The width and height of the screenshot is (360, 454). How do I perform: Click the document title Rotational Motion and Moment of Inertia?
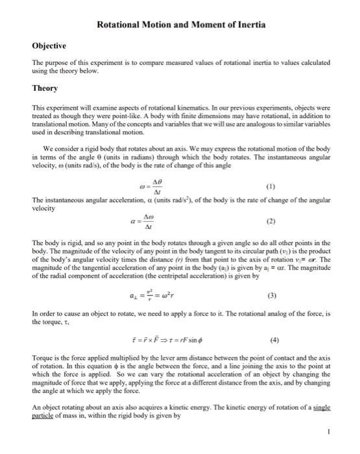point(181,25)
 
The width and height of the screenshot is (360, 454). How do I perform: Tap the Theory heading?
point(45,88)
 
